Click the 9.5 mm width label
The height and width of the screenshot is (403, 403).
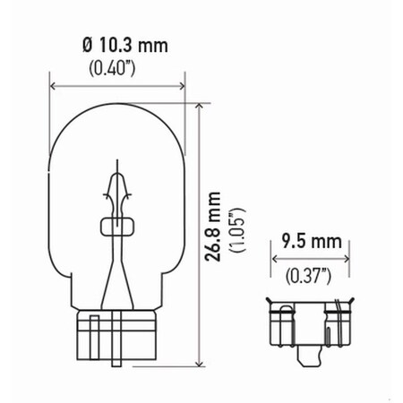(310, 240)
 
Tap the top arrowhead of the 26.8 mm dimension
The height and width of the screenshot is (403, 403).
(197, 103)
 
